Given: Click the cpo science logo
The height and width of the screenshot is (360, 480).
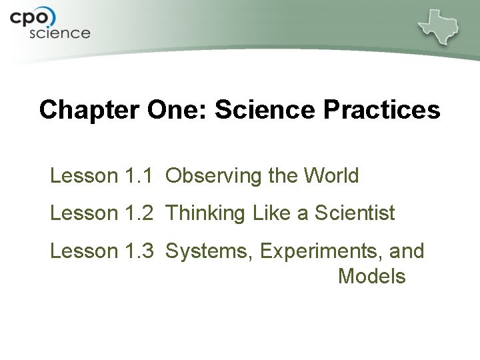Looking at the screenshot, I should click(50, 25).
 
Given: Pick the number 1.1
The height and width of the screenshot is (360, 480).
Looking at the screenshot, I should click(139, 176).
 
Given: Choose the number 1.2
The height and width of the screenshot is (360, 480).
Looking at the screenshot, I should click(139, 213).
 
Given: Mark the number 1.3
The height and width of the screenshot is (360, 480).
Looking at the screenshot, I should click(139, 251).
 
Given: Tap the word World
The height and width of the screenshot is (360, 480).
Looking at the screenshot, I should click(331, 176).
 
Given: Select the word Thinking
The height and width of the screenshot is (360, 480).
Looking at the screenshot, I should click(205, 213).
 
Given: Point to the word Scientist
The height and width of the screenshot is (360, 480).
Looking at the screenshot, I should click(355, 213).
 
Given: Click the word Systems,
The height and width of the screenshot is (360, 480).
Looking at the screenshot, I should click(209, 251).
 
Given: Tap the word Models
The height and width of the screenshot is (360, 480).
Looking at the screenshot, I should click(371, 276).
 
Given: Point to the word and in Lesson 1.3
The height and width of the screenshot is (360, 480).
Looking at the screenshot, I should click(407, 251).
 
